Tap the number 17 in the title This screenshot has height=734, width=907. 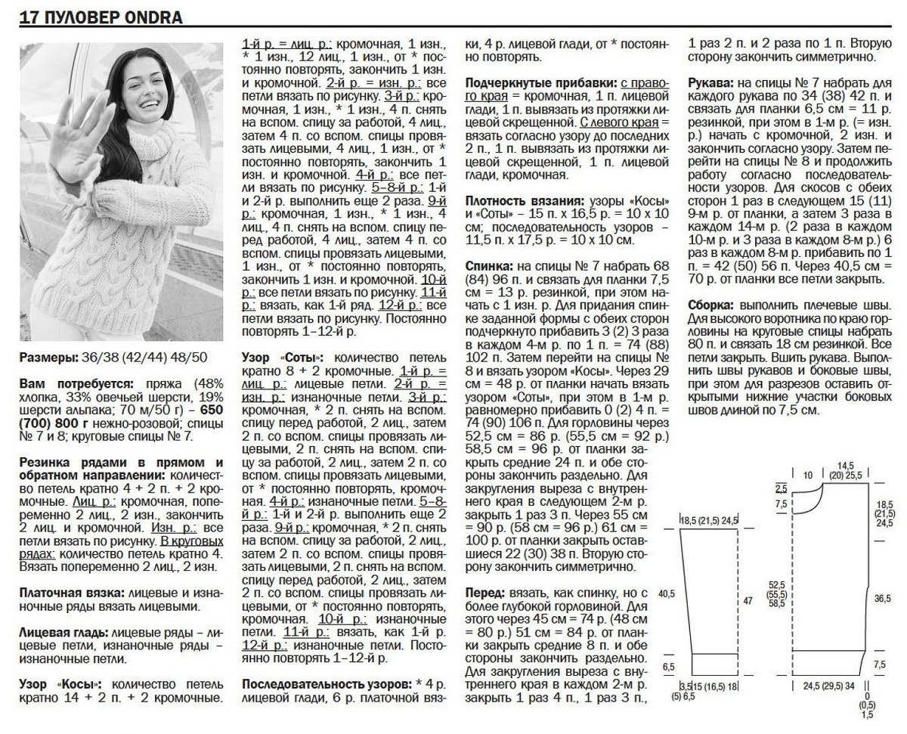[x=29, y=17]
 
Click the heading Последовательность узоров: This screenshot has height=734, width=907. [x=327, y=683]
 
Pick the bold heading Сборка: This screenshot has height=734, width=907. [x=713, y=305]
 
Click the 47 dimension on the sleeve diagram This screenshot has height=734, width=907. [x=749, y=600]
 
